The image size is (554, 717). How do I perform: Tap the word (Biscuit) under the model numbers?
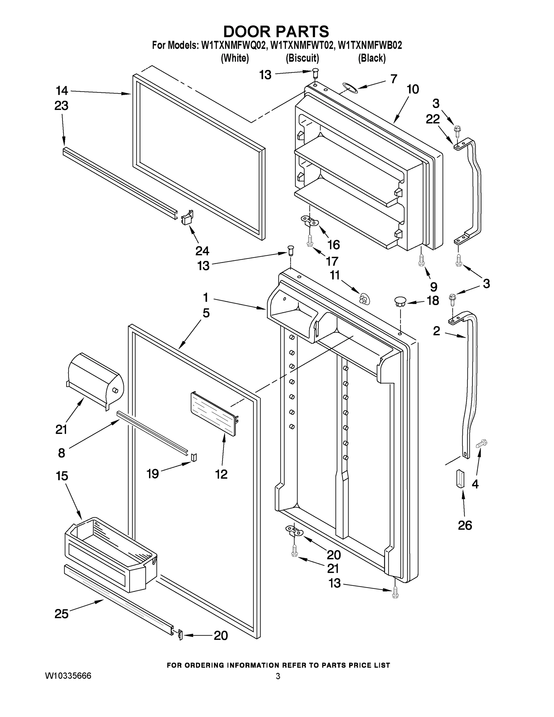coord(302,59)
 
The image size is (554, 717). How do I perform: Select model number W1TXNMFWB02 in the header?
coord(369,45)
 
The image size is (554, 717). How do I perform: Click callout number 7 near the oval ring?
coord(394,79)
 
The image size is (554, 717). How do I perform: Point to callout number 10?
coord(412,89)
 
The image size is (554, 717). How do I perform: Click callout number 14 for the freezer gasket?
coord(62,90)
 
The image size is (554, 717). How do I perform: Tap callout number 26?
coord(465,525)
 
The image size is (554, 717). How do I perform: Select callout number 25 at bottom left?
coord(62,613)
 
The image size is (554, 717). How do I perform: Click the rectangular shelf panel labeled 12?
coord(213,414)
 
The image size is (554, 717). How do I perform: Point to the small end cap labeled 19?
coord(194,457)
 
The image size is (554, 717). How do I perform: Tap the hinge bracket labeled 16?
coord(309,221)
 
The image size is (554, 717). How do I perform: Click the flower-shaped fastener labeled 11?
coord(364,298)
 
